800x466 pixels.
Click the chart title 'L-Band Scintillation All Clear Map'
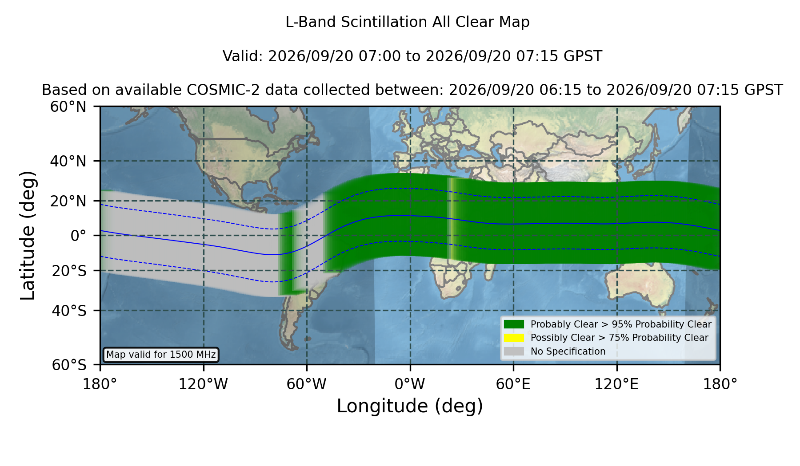[x=407, y=22]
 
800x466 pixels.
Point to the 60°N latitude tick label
[x=68, y=107]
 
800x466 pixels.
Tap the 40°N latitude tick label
[x=68, y=161]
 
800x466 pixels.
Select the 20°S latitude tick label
[x=69, y=271]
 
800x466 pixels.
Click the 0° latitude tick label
[x=78, y=236]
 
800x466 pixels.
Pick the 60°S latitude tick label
[x=69, y=365]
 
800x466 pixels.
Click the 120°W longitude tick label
[x=203, y=384]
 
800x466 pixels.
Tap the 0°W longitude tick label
[x=410, y=384]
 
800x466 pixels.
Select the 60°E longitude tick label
[x=513, y=384]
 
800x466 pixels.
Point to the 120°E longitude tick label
[x=616, y=384]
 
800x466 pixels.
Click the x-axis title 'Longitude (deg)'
[x=410, y=406]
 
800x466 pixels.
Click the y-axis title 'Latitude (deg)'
[x=28, y=235]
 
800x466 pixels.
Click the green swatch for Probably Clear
[x=514, y=324]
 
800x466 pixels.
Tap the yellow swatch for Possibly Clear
[x=514, y=337]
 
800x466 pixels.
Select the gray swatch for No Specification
[x=514, y=351]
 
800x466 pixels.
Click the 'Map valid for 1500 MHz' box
[x=161, y=355]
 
